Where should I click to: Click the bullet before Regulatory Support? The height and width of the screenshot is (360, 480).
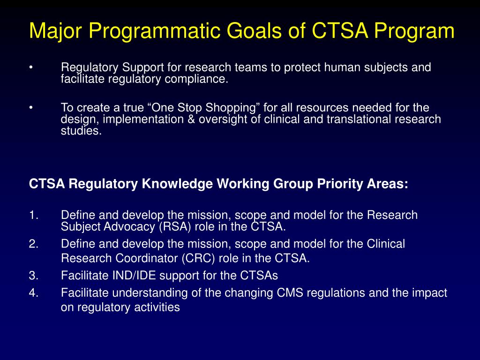click(x=30, y=67)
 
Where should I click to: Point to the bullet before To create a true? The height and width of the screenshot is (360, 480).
click(x=30, y=108)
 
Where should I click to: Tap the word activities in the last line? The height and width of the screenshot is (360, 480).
click(x=156, y=307)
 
